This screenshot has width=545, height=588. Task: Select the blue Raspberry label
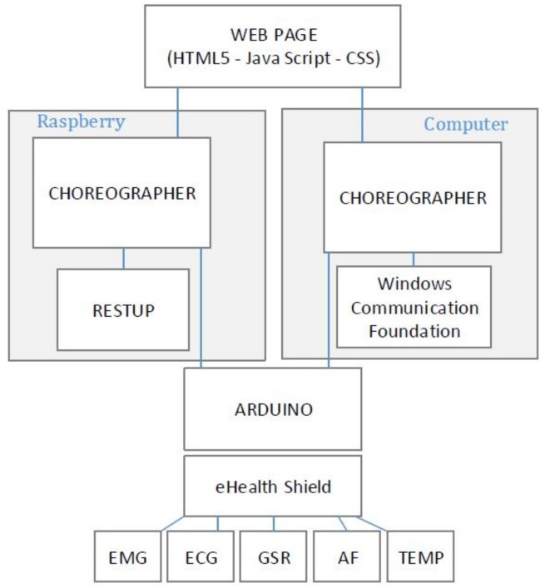pyautogui.click(x=81, y=122)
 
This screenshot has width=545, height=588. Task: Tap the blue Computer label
pyautogui.click(x=465, y=125)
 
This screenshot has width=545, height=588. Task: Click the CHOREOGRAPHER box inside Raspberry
pyautogui.click(x=121, y=192)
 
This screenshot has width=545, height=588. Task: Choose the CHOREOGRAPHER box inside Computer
pyautogui.click(x=413, y=197)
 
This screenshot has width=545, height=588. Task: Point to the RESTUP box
pyautogui.click(x=122, y=309)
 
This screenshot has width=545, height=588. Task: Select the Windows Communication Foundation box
pyautogui.click(x=414, y=307)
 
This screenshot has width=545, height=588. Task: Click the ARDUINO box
pyautogui.click(x=272, y=409)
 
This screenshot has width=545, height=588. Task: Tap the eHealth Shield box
pyautogui.click(x=272, y=486)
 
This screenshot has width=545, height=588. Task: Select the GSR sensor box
pyautogui.click(x=273, y=556)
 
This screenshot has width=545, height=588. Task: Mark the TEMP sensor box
pyautogui.click(x=421, y=556)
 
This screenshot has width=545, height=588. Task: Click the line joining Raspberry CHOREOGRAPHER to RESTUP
pyautogui.click(x=123, y=257)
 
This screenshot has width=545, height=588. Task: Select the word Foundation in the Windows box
pyautogui.click(x=414, y=330)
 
